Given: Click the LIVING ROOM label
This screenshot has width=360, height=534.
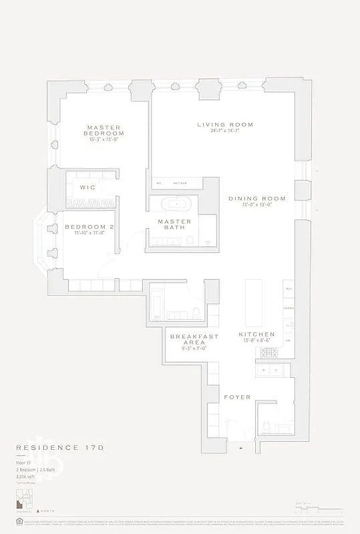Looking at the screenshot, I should click(x=225, y=125).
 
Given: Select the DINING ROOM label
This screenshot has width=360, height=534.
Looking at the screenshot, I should click(x=256, y=198).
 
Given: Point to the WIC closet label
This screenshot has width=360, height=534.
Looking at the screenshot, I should click(x=87, y=187).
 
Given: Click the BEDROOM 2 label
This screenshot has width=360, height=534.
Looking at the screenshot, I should click(x=89, y=228).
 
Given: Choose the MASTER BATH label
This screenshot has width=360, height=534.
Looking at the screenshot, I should click(x=174, y=225).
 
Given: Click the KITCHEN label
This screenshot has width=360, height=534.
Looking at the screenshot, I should click(x=256, y=334).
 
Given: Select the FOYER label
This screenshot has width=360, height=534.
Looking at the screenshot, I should click(x=237, y=397).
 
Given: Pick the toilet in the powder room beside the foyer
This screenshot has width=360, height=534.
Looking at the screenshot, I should click(x=266, y=426).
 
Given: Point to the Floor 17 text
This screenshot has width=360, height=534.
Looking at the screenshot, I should click(x=25, y=462).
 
